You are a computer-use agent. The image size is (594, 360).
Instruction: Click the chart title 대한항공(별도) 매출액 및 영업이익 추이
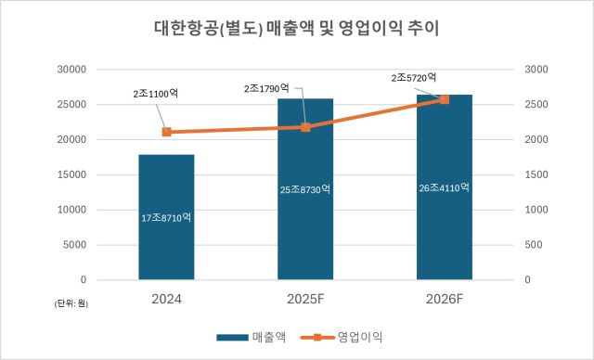click(296, 29)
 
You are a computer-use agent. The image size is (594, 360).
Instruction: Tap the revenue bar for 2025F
click(305, 232)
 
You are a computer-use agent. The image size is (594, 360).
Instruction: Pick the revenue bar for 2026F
click(444, 232)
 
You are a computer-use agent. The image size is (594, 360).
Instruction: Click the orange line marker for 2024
click(166, 132)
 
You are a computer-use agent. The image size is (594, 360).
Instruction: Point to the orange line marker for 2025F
click(305, 127)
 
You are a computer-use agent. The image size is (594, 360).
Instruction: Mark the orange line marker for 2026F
click(444, 99)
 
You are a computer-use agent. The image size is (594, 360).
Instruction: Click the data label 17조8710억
click(166, 217)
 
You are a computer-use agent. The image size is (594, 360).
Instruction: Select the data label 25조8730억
click(305, 189)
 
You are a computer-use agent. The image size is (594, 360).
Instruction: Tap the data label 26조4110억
click(444, 187)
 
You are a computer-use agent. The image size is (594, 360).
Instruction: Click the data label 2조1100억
click(156, 94)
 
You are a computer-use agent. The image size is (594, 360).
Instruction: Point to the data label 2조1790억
click(266, 88)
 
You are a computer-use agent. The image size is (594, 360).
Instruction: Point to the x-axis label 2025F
click(305, 299)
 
